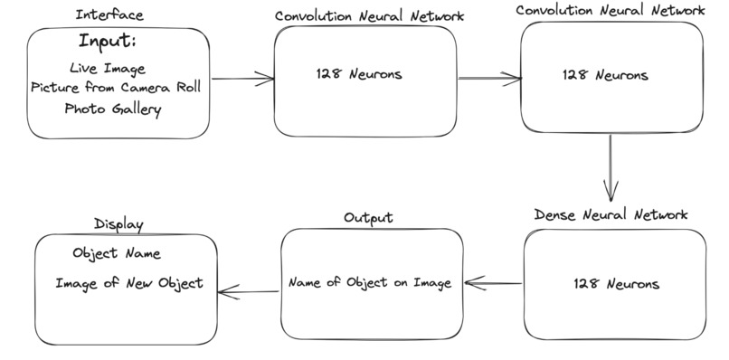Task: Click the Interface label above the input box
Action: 109,15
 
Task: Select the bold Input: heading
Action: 109,42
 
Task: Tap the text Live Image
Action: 107,69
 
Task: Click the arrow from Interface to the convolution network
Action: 242,80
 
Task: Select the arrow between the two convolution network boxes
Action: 489,79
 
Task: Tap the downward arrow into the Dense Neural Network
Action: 611,167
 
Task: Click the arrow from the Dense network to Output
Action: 494,283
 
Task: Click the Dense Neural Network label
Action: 611,214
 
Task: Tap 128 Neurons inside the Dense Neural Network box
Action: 616,284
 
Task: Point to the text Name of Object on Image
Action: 369,282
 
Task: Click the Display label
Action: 118,224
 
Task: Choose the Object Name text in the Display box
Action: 117,254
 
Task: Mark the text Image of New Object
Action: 129,283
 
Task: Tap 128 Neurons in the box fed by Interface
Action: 359,74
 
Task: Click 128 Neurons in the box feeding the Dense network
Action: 604,75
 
